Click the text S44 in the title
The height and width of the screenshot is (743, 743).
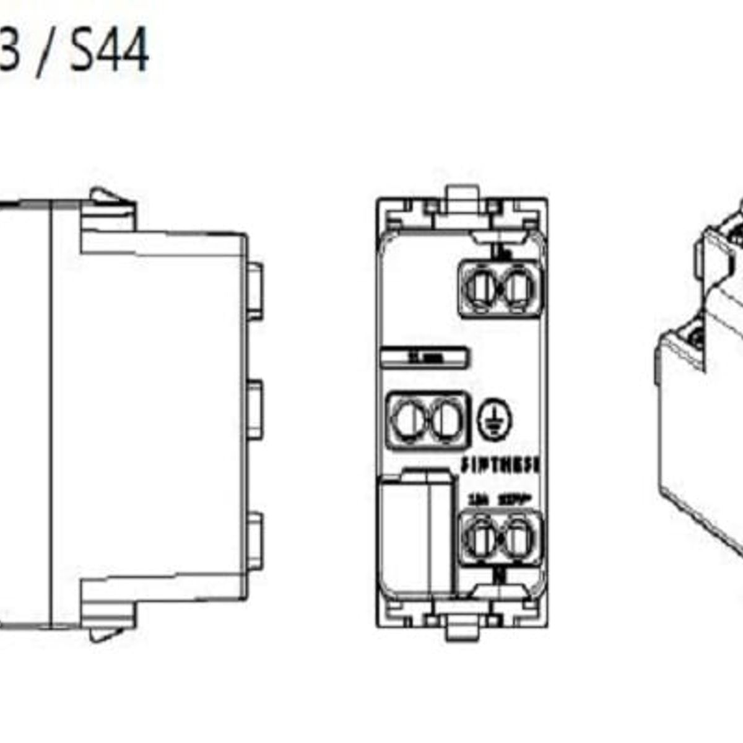click(x=109, y=50)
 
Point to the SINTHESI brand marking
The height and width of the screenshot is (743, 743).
click(x=500, y=465)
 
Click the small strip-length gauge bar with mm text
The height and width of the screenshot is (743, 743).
click(x=424, y=358)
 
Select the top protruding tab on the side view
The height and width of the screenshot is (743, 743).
click(x=254, y=291)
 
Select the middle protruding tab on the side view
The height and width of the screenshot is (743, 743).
click(x=254, y=411)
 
